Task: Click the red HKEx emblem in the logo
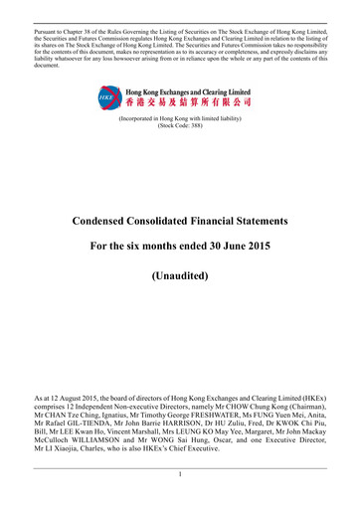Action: (105, 97)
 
